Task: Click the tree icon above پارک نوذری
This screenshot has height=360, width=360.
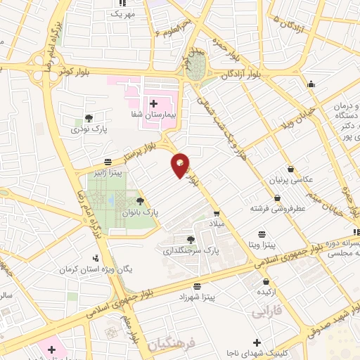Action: click(x=88, y=118)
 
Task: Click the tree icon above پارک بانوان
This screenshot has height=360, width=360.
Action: click(x=140, y=200)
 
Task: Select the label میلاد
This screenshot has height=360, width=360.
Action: click(x=216, y=223)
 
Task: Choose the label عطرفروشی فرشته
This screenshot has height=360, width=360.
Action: click(x=269, y=209)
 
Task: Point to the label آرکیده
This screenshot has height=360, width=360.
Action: click(x=265, y=292)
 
